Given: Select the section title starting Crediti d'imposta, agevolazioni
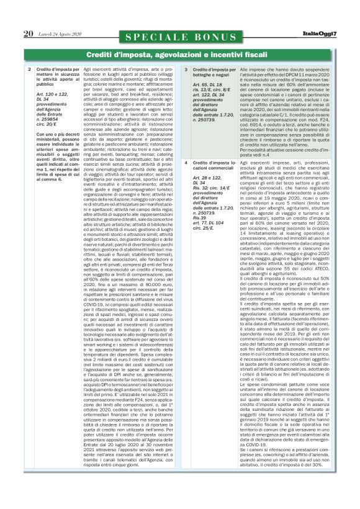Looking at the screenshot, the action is point(180,55).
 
